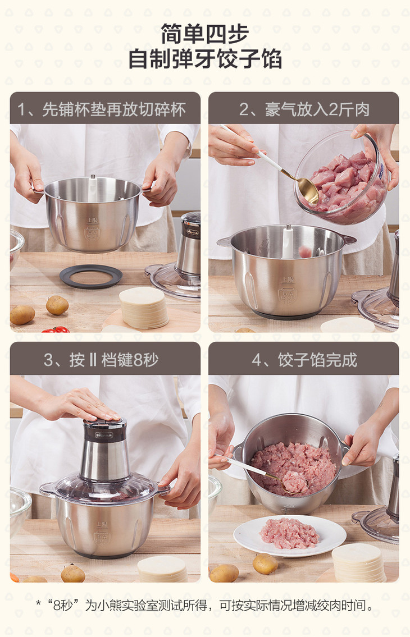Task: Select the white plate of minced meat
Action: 290,536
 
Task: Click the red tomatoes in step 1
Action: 56,329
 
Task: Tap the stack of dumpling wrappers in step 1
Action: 144,308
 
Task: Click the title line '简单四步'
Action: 204,34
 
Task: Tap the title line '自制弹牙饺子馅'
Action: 205,59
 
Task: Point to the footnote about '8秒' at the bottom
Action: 205,606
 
